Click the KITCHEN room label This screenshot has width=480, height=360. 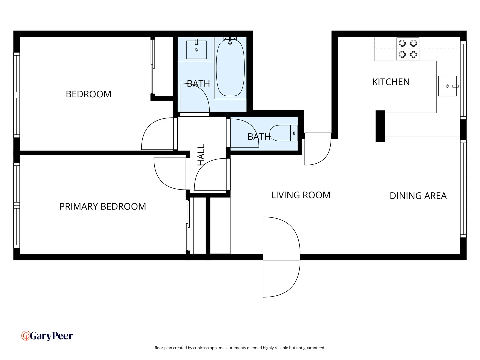391,82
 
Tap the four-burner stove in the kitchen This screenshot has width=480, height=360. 408,49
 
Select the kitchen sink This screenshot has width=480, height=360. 447,86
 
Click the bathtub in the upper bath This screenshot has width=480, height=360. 230,68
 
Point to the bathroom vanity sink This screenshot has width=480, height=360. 196,50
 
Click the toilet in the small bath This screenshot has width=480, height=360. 283,133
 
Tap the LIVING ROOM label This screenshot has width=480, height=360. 300,195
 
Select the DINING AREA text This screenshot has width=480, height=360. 418,196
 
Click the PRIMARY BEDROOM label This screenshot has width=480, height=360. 102,206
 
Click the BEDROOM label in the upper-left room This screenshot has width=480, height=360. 88,94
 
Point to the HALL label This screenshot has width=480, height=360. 201,155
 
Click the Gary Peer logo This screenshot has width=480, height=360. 47,336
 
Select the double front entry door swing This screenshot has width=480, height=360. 281,257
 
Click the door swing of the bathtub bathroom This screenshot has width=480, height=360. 194,98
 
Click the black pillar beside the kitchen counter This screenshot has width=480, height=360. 380,126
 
